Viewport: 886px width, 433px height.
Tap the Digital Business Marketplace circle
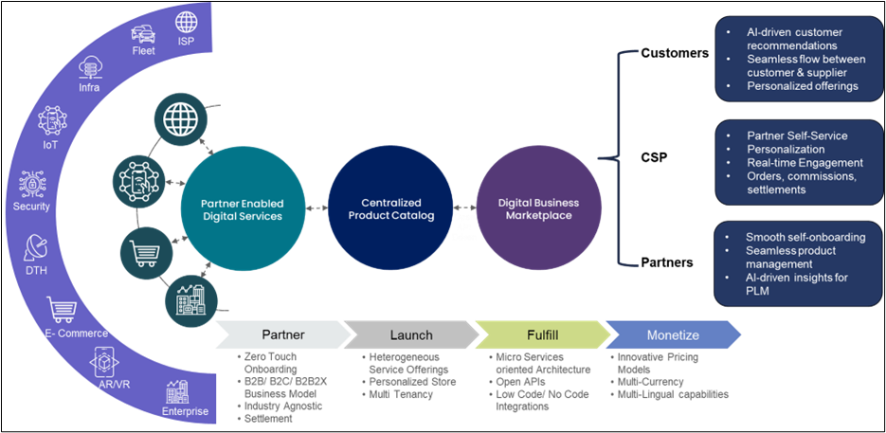coord(537,208)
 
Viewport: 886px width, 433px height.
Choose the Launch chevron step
coord(410,334)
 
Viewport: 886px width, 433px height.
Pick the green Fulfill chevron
coord(541,334)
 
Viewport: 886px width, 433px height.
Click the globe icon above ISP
coord(187,20)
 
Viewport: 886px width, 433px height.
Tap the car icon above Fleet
coord(144,34)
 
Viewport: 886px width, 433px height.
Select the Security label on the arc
coord(32,206)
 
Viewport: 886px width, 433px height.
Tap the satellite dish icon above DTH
coord(36,248)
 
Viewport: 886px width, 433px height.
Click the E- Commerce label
coord(77,333)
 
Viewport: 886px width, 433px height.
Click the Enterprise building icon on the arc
coord(175,390)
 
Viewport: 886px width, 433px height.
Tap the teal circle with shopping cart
coord(145,252)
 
